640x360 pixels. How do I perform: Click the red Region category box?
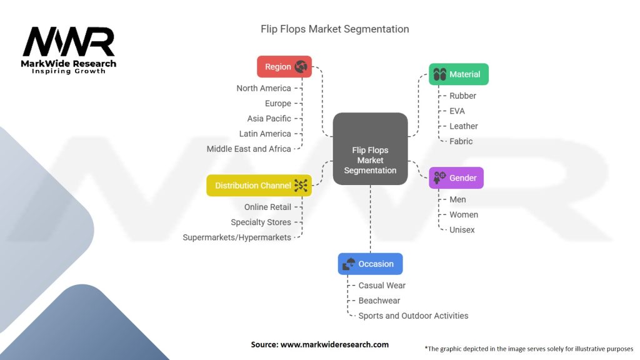point(284,67)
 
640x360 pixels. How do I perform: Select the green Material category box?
point(458,74)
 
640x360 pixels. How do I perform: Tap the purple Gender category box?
point(456,178)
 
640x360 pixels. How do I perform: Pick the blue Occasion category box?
point(370,264)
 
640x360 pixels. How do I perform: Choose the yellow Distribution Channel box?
point(259,186)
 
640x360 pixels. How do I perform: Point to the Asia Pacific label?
point(269,119)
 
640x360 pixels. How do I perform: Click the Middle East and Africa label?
point(249,149)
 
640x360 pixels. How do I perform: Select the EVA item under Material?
point(457,111)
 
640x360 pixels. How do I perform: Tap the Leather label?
point(463,126)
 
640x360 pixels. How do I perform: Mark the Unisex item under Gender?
point(462,230)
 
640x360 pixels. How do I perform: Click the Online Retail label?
point(267,207)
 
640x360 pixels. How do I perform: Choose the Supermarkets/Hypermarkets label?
point(237,237)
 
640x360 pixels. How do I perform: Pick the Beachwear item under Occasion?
point(379,301)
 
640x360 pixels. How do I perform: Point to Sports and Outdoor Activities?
point(413,316)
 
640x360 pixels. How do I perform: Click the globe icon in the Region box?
point(301,67)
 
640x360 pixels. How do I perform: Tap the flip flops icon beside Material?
point(440,74)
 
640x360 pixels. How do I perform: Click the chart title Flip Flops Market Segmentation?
point(335,29)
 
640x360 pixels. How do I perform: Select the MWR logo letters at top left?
point(69,42)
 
